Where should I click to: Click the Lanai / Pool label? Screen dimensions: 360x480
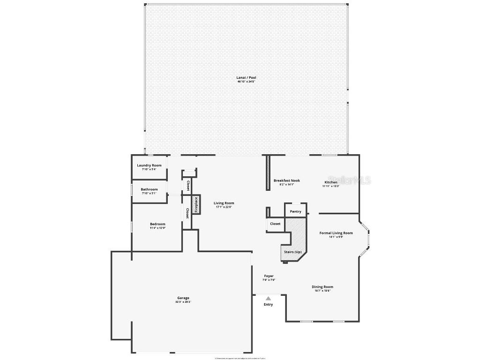246,77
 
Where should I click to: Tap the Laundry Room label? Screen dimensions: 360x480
149,165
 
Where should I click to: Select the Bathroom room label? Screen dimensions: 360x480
149,189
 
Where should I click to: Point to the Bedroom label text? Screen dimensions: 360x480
157,224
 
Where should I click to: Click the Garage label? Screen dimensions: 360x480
183,298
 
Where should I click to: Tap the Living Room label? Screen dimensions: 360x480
224,203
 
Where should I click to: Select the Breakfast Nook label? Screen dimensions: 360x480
286,180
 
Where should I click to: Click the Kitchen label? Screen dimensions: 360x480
331,182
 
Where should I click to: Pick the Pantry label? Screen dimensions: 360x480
295,211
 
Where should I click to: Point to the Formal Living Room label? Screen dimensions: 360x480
336,233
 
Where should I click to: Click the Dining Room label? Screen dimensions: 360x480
322,287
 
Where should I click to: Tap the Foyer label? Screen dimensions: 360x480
269,276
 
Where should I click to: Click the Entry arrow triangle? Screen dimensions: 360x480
268,298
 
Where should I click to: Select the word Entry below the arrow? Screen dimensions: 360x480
268,305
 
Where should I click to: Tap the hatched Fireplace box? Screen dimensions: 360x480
196,205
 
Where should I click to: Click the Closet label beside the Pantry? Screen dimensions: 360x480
275,224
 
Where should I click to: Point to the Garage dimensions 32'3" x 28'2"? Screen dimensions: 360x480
183,302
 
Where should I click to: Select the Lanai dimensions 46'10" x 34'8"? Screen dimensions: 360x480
246,82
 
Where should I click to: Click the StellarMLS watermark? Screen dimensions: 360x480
349,180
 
